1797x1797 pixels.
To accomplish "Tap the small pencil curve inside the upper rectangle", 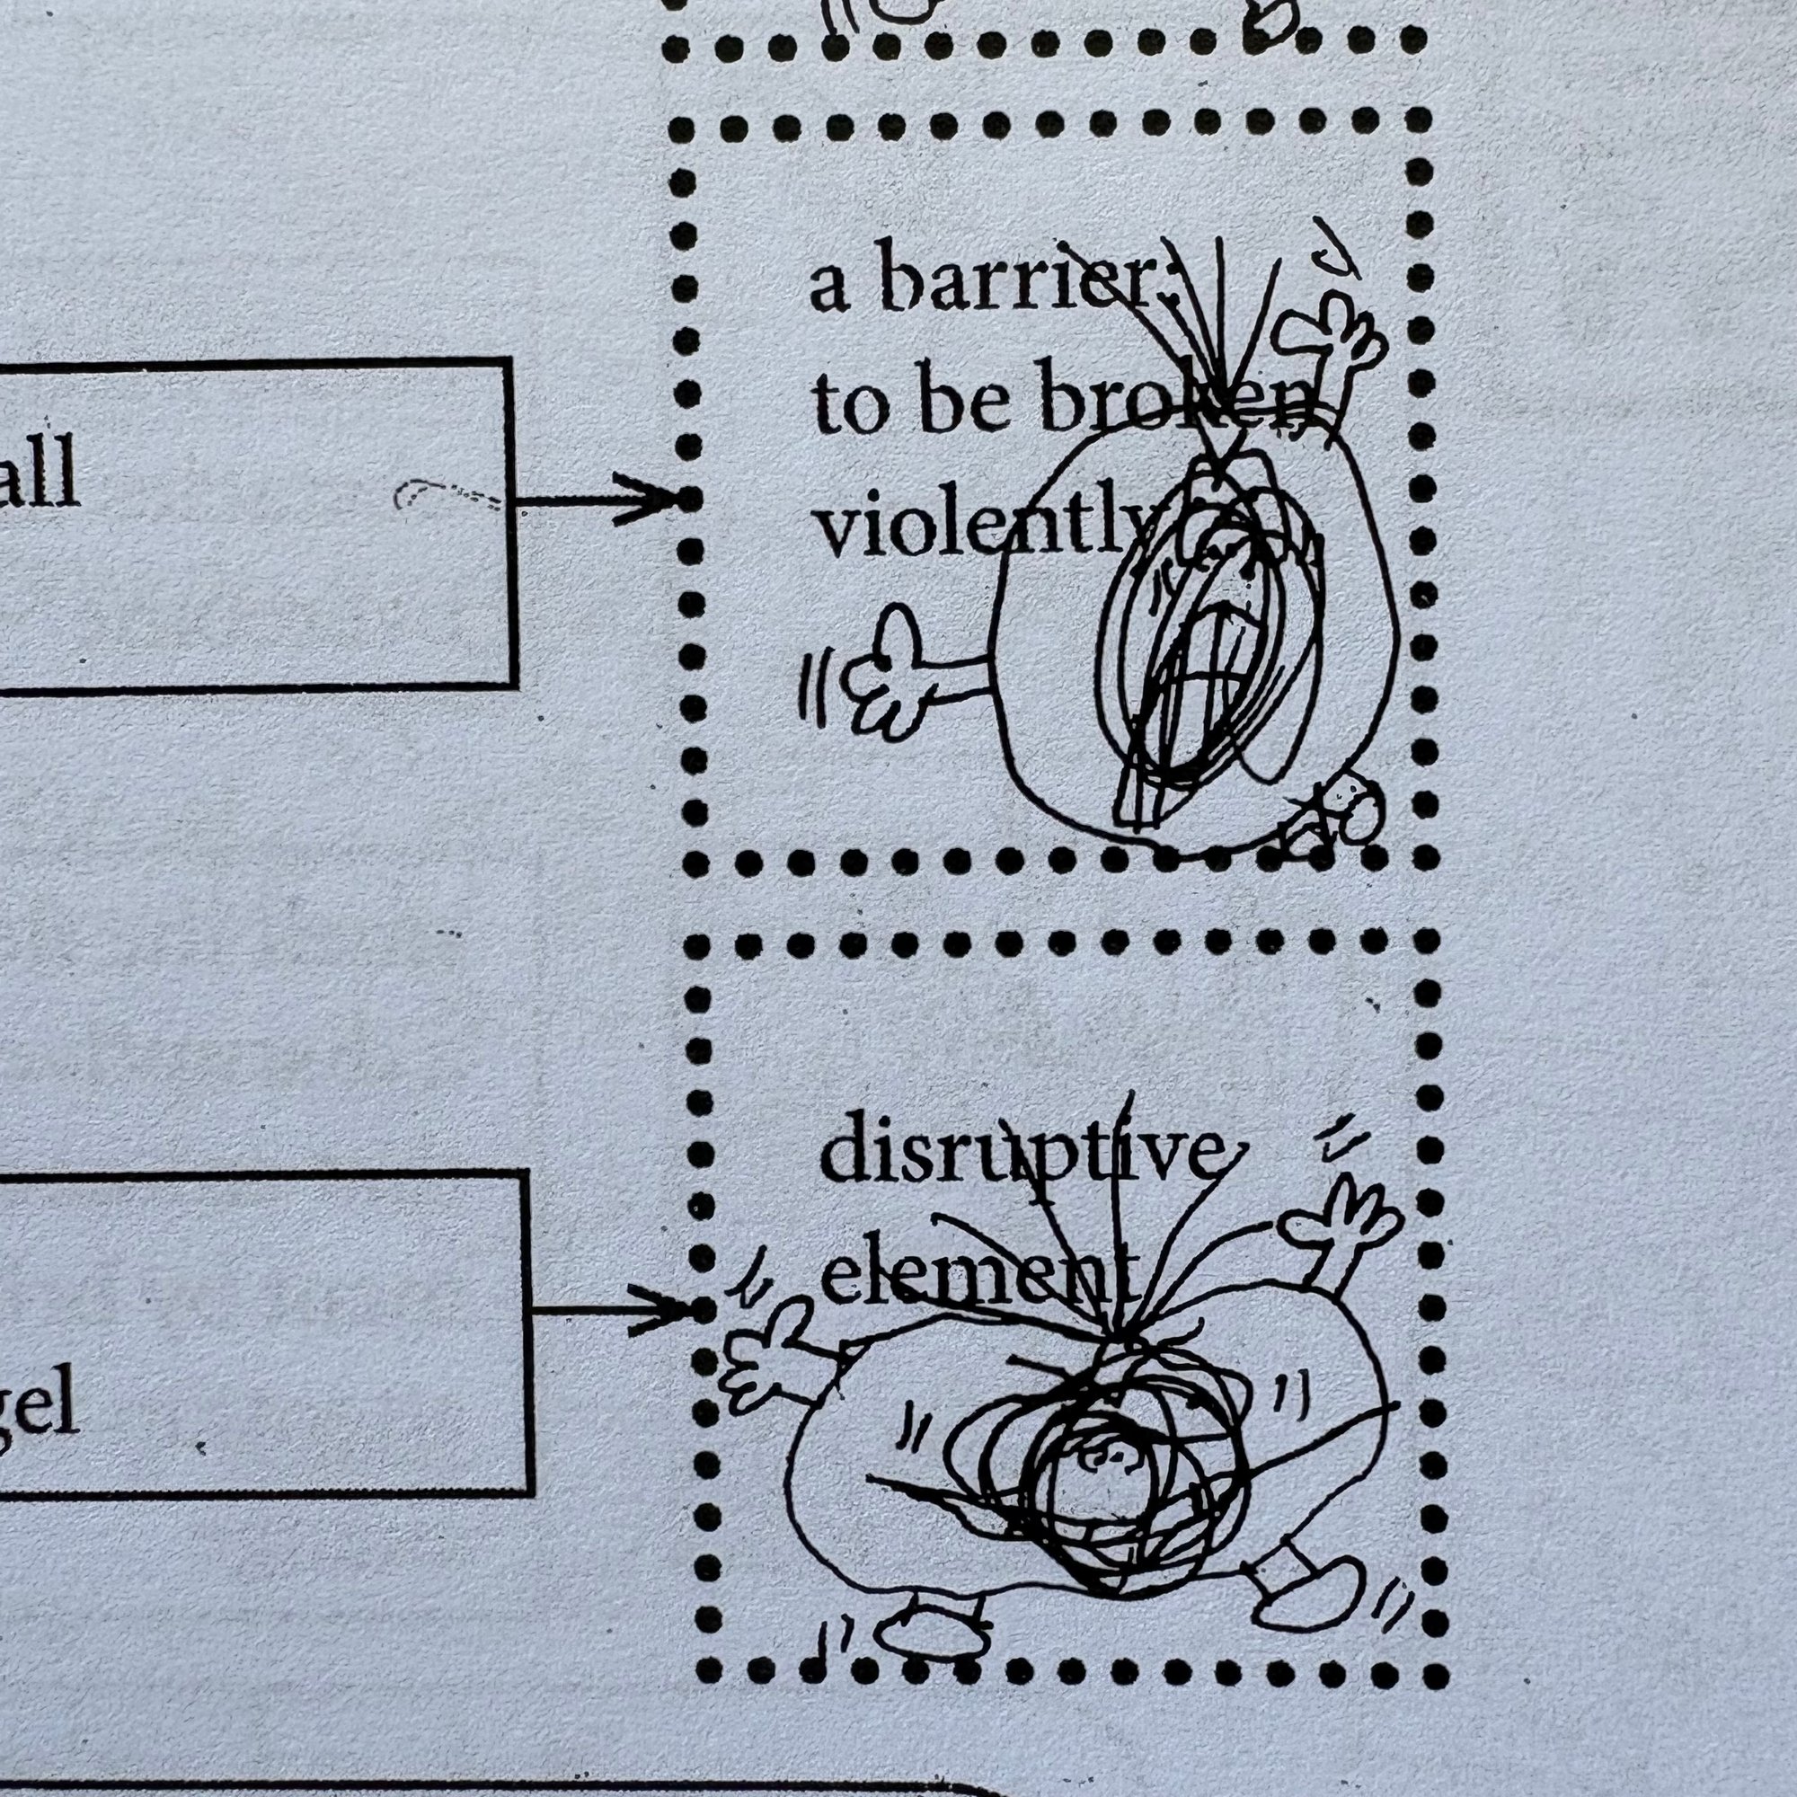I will click(x=447, y=493).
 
